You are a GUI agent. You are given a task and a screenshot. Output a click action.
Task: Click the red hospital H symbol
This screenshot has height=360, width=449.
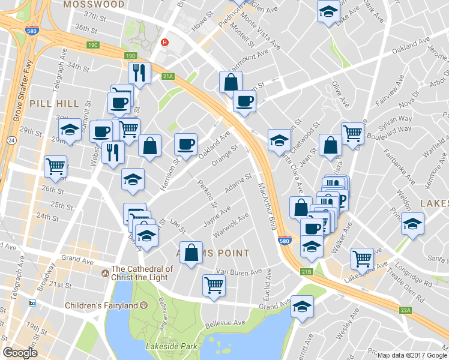(x=165, y=42)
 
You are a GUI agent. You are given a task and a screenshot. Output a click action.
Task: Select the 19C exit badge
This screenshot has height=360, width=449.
(x=92, y=45)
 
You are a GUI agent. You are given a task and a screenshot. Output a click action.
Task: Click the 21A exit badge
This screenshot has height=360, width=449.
(x=168, y=76)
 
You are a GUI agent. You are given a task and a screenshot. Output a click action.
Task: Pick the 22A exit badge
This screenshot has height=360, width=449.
(x=406, y=310)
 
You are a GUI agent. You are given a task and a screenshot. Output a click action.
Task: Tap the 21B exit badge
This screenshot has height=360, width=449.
(x=307, y=272)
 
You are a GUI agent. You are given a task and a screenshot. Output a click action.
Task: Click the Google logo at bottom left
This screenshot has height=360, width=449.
(x=20, y=352)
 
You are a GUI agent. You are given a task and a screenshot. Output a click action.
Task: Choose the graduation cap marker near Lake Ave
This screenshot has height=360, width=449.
(x=328, y=11)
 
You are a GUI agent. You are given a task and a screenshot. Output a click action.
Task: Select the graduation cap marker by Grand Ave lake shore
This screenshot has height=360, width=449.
(x=302, y=307)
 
